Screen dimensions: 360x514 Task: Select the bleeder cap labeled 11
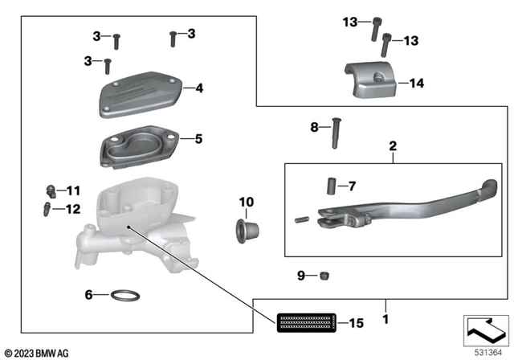tap(51, 191)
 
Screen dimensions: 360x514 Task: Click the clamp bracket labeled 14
tap(373, 75)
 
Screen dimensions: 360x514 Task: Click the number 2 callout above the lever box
tap(393, 147)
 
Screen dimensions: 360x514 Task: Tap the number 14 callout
tap(416, 82)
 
